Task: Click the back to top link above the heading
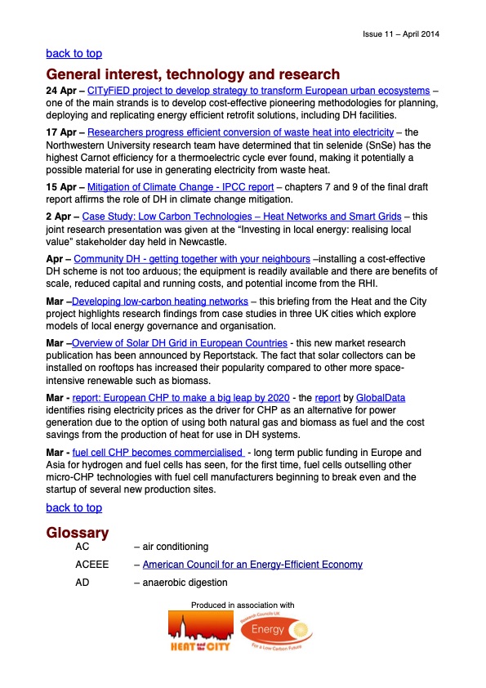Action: [74, 53]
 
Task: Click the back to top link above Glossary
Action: [74, 507]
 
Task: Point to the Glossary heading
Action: [78, 533]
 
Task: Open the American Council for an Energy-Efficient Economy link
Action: [252, 565]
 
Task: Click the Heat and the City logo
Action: [198, 632]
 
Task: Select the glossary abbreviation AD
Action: [82, 583]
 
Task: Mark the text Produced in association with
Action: [243, 605]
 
